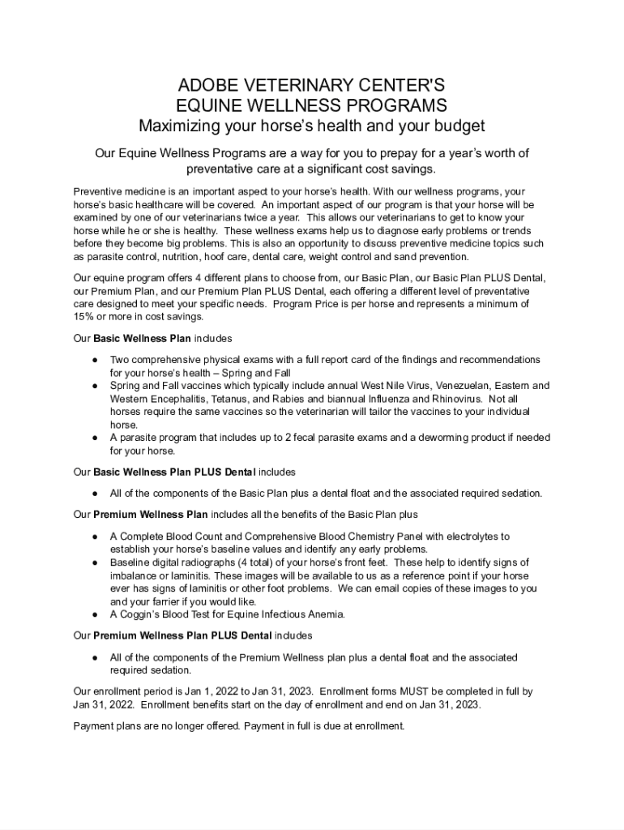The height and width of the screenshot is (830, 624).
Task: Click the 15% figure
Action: [83, 317]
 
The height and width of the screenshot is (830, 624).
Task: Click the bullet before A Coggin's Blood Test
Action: [95, 614]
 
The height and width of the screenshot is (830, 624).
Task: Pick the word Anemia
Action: [326, 614]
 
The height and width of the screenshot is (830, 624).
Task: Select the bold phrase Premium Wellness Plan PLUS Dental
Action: [183, 635]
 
